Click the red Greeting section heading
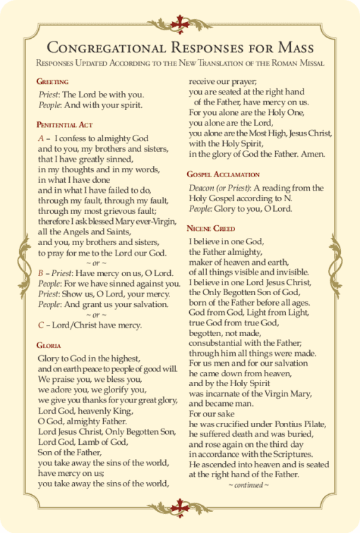pyautogui.click(x=53, y=81)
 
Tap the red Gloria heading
pyautogui.click(x=49, y=345)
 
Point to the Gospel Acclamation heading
pyautogui.click(x=223, y=174)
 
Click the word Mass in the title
pyautogui.click(x=296, y=48)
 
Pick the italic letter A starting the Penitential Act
pyautogui.click(x=41, y=138)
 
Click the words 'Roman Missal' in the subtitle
pyautogui.click(x=296, y=64)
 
